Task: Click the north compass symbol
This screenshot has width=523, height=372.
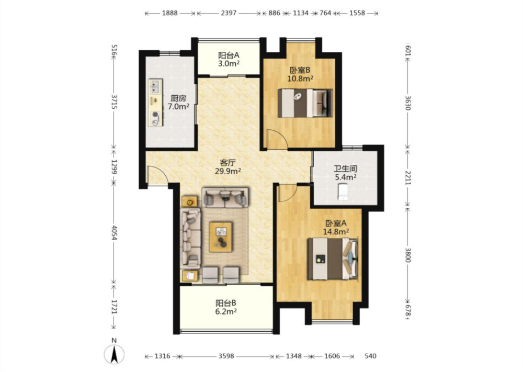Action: tap(114, 354)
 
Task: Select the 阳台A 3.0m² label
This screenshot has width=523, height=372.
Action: tap(229, 60)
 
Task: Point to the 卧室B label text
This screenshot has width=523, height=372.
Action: tap(300, 70)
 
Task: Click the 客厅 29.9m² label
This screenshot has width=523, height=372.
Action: tap(228, 167)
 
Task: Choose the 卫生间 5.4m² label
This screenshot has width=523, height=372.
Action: tap(346, 173)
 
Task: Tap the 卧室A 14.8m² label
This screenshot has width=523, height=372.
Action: tap(336, 227)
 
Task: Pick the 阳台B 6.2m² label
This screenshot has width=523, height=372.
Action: tap(226, 307)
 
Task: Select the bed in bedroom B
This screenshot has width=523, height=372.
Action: tap(305, 103)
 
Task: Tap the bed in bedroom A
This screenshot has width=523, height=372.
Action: tap(333, 258)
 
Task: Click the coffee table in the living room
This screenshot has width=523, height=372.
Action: tap(221, 237)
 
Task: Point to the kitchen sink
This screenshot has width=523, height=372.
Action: tap(154, 86)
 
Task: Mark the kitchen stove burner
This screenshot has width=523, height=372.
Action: tap(155, 115)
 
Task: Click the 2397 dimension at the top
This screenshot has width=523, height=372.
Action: tap(229, 14)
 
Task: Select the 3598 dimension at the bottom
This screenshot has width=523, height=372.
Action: tap(226, 356)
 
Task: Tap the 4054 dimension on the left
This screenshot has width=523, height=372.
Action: tap(114, 232)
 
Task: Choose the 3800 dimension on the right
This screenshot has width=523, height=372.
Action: tap(407, 255)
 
